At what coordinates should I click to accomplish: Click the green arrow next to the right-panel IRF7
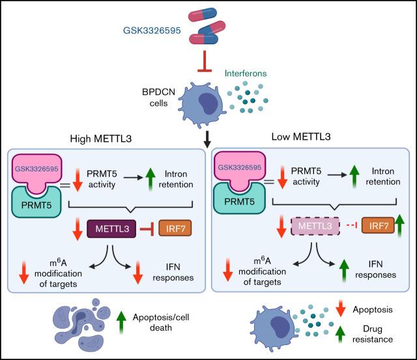(x=399, y=230)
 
